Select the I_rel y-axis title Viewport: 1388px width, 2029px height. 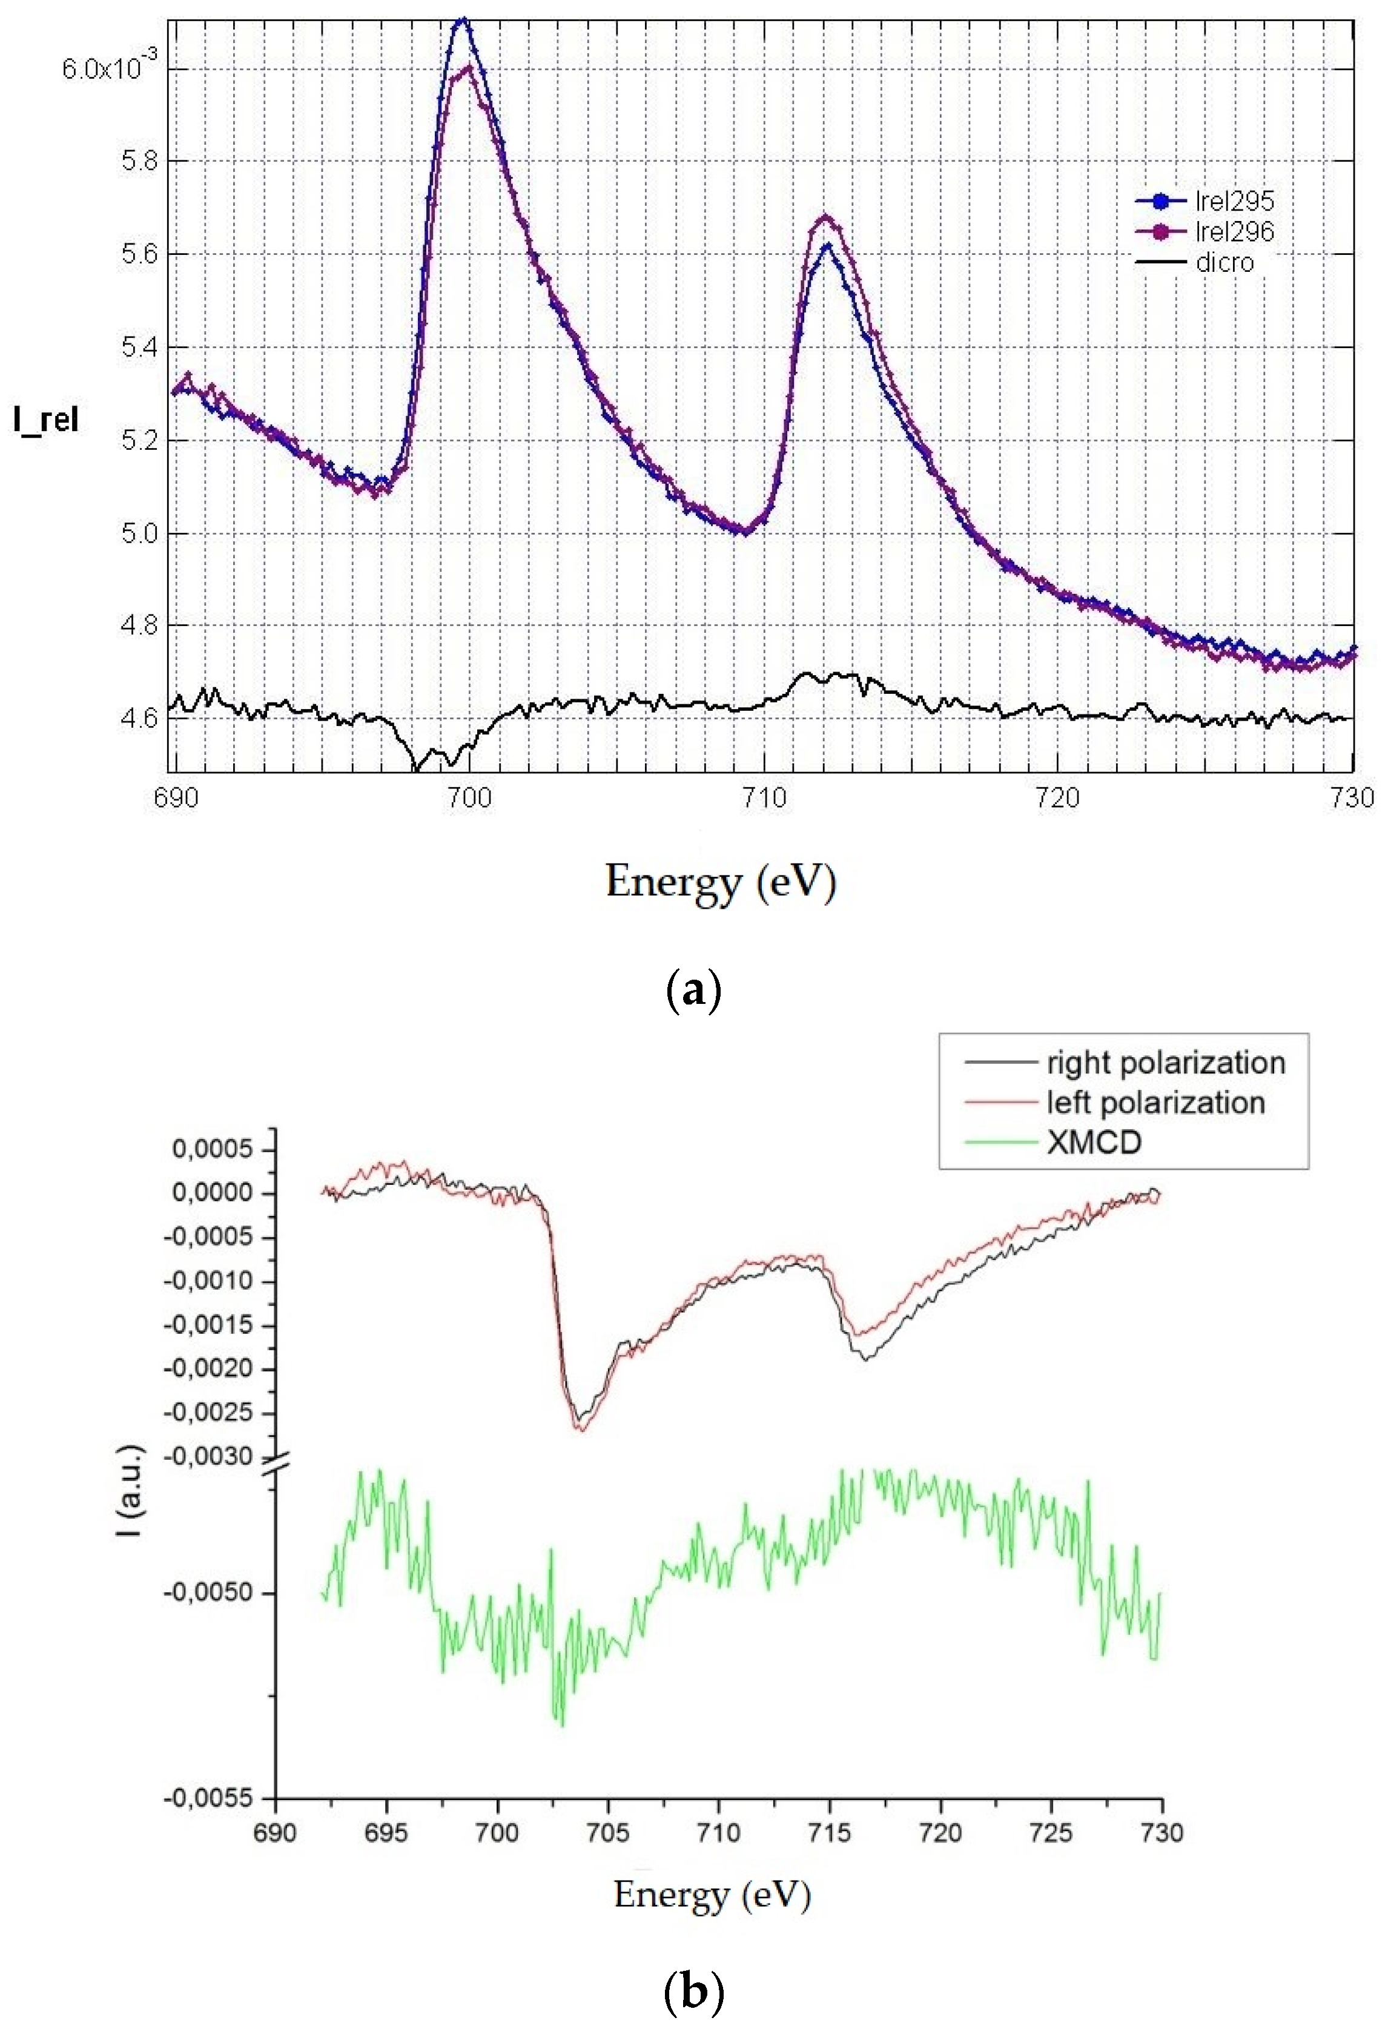46,421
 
